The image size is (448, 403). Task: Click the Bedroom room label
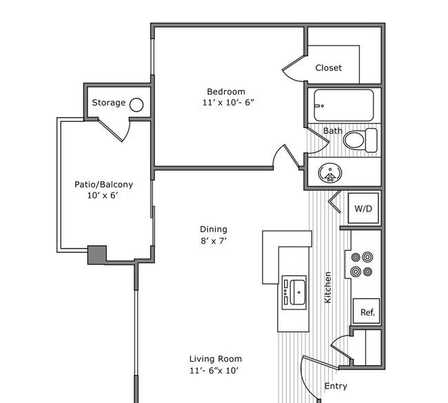click(226, 92)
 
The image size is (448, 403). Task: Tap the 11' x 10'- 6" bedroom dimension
click(228, 103)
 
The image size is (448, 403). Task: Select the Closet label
click(329, 68)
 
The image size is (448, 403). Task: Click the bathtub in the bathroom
click(344, 105)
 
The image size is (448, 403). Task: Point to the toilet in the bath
click(360, 141)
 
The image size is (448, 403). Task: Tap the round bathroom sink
click(330, 173)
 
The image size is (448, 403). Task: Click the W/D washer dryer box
click(363, 209)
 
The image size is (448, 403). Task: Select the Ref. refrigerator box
click(367, 311)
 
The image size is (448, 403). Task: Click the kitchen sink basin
click(298, 292)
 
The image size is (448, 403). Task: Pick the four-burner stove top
click(362, 265)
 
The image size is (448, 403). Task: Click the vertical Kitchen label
click(328, 287)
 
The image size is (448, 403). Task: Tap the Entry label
click(336, 386)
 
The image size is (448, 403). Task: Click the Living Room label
click(216, 359)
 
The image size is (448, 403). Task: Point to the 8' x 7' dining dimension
click(214, 241)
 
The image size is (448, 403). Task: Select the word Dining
click(214, 229)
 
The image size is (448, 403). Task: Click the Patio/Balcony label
click(103, 185)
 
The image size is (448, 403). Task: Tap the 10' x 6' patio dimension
click(103, 196)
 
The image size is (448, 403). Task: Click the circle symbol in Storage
click(136, 105)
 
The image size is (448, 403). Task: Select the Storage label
click(109, 103)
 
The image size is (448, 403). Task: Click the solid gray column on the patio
click(97, 254)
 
